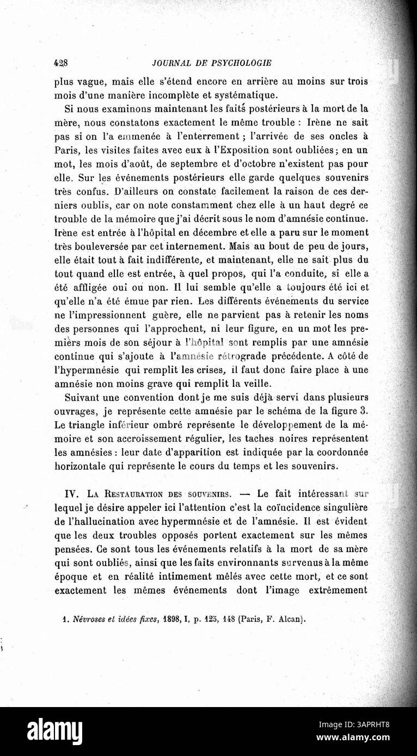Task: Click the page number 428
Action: (x=60, y=62)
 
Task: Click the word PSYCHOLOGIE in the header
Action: (x=241, y=62)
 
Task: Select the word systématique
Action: (x=245, y=94)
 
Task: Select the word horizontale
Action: (x=82, y=466)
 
